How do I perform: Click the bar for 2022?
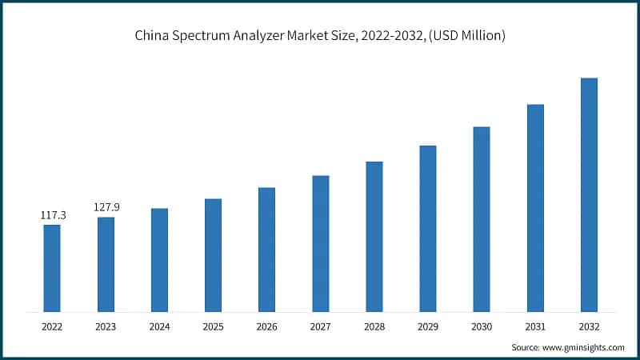[x=52, y=268]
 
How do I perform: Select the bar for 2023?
[x=106, y=264]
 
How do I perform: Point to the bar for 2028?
[x=374, y=236]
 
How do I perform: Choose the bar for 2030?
[x=482, y=218]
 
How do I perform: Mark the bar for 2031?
[x=535, y=207]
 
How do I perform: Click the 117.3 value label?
[x=52, y=216]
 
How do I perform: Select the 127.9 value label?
[x=106, y=208]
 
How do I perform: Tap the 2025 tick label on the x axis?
[x=213, y=326]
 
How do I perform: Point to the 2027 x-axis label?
[x=320, y=326]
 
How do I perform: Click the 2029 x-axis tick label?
[x=428, y=326]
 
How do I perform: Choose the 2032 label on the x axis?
[x=589, y=326]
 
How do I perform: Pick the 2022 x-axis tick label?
[x=52, y=326]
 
